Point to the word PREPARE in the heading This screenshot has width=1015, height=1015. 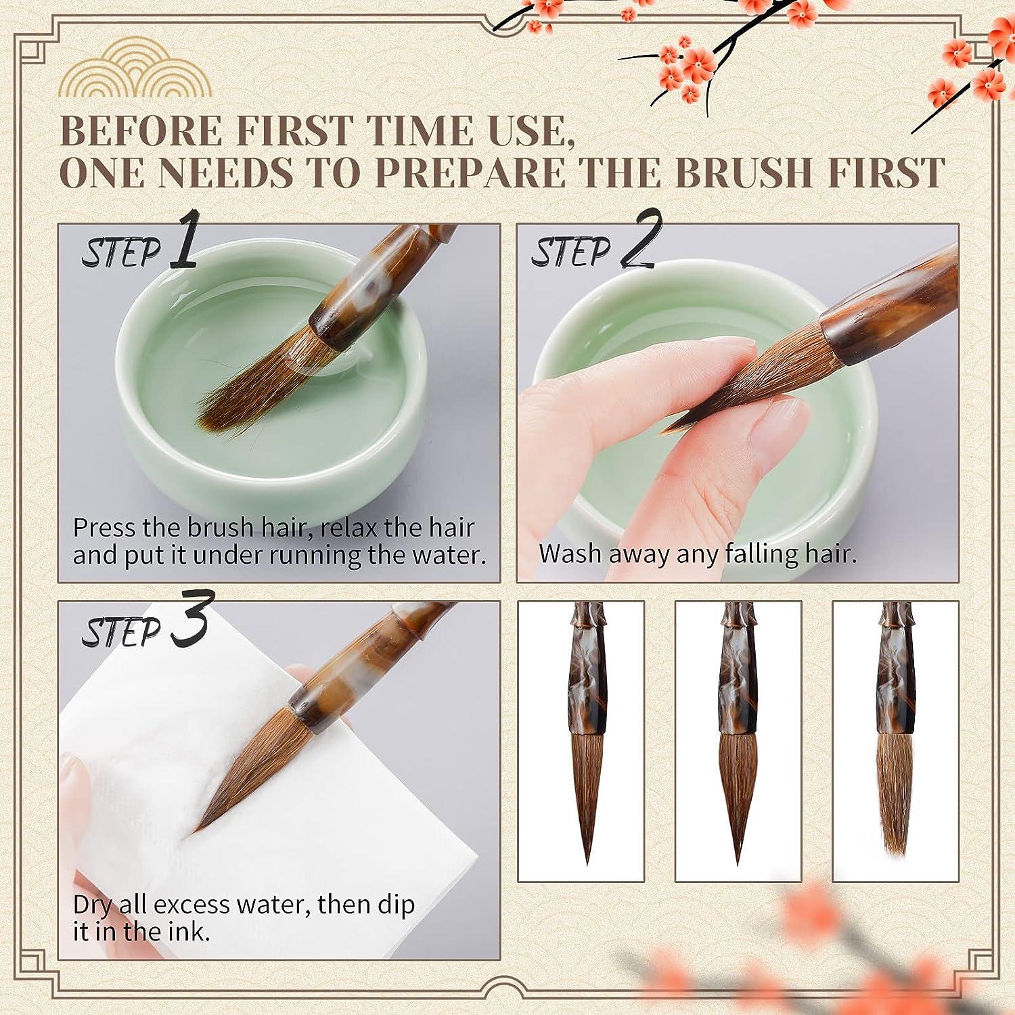pos(470,173)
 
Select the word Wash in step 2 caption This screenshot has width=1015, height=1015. pos(570,554)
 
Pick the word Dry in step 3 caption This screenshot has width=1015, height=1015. pos(91,905)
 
